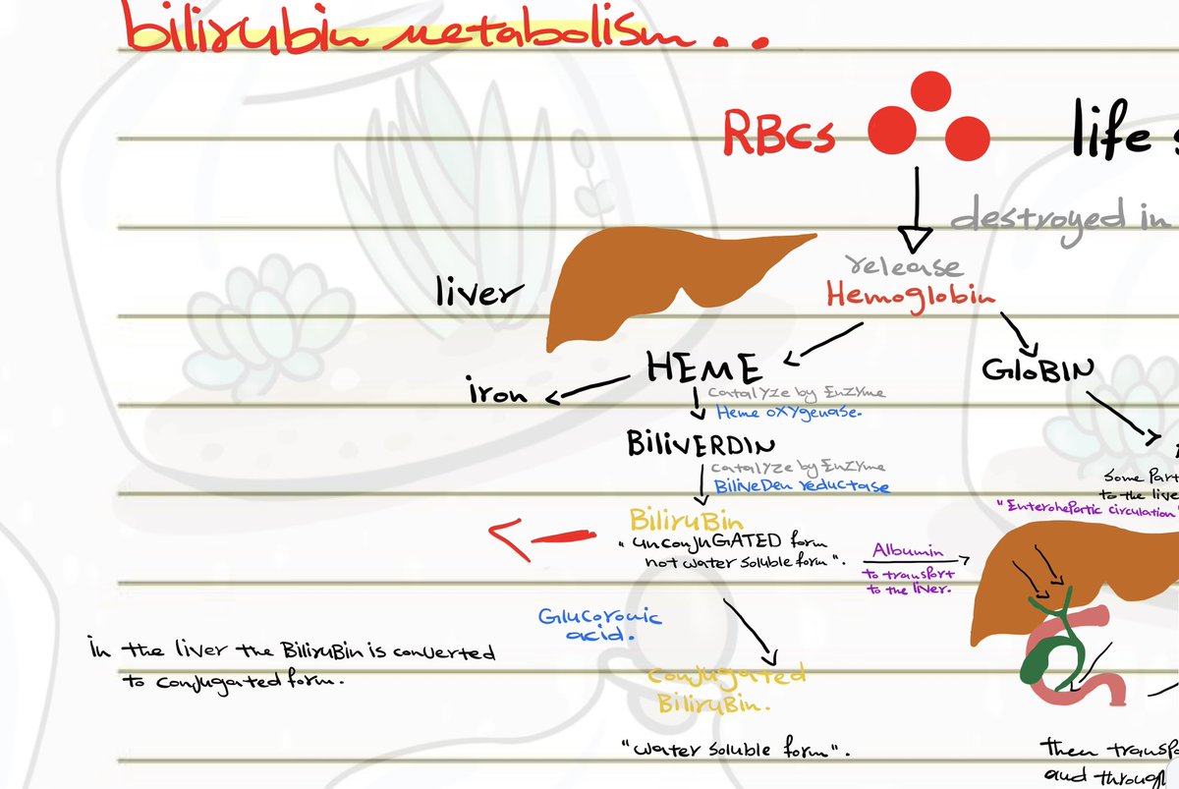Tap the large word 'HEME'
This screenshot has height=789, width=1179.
pyautogui.click(x=703, y=368)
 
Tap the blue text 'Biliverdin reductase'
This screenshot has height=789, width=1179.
pyautogui.click(x=801, y=485)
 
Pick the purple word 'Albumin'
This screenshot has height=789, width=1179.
pyautogui.click(x=908, y=552)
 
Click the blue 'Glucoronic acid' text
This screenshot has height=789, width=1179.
pyautogui.click(x=599, y=625)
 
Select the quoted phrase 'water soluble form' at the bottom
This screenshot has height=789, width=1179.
pyautogui.click(x=735, y=751)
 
